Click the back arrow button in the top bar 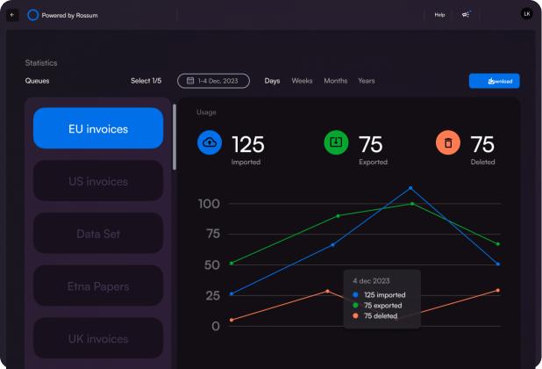coord(12,15)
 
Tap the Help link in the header coord(439,15)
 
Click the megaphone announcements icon coord(466,14)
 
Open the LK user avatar coord(526,14)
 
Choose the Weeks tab coord(302,81)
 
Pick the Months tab coord(335,81)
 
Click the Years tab coord(366,81)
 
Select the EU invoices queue coord(98,128)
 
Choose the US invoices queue coord(98,181)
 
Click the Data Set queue coord(98,234)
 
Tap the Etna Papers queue coord(98,286)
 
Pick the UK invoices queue coord(98,338)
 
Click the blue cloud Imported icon coord(210,142)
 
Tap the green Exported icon coord(336,142)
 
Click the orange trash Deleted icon coord(448,142)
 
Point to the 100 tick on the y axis coord(209,204)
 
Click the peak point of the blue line coord(410,188)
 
